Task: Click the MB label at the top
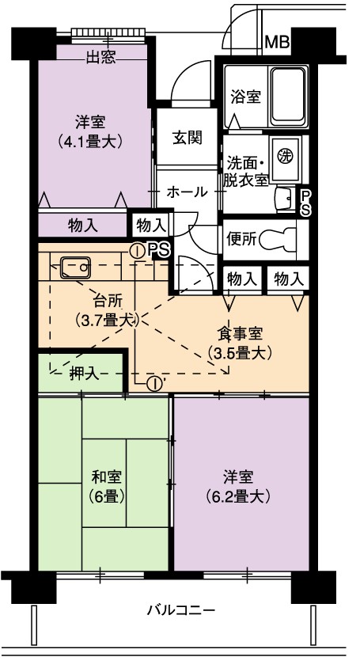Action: (277, 43)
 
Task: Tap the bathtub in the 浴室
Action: (289, 97)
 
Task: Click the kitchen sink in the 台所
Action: (75, 268)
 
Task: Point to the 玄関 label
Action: (188, 138)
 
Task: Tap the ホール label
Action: (187, 192)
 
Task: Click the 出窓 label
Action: (101, 57)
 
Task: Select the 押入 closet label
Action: (85, 374)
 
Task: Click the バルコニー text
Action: (180, 609)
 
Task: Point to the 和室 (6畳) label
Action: (107, 487)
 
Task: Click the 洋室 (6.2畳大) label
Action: (237, 487)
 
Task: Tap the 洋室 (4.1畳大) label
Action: (91, 131)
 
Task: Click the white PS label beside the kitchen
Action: (157, 250)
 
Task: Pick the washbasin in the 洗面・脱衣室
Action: (286, 199)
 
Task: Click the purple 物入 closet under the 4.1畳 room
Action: (83, 225)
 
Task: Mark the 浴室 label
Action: (245, 97)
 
